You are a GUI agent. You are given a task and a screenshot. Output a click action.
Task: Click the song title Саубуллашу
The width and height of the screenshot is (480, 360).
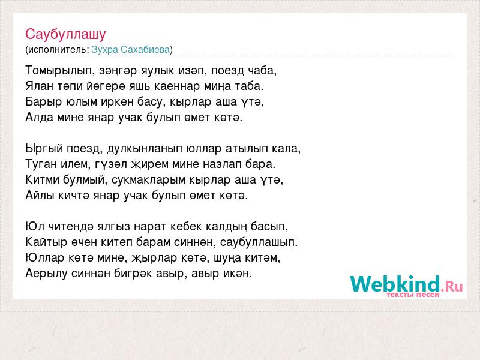click(x=65, y=34)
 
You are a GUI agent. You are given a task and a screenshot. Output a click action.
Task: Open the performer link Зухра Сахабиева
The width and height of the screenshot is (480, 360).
click(x=131, y=50)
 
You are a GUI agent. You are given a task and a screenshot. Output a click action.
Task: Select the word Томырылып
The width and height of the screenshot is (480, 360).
click(x=60, y=71)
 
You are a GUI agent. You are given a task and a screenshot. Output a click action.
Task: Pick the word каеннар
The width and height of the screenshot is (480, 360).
click(x=177, y=86)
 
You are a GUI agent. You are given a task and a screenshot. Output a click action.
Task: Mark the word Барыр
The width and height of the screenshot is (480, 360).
click(x=44, y=102)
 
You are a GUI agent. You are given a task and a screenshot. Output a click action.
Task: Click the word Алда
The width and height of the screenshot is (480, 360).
click(x=40, y=117)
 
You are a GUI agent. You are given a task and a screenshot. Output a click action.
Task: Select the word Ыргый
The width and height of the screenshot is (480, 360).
click(x=44, y=149)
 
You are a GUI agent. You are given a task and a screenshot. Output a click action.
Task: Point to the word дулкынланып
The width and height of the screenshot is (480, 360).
click(x=145, y=149)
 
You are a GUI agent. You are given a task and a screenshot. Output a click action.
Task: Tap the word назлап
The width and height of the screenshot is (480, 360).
click(x=222, y=164)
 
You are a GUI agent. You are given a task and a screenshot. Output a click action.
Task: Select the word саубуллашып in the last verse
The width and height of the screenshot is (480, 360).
click(x=259, y=242)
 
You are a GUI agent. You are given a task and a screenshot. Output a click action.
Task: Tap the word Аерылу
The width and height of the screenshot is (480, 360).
click(x=46, y=274)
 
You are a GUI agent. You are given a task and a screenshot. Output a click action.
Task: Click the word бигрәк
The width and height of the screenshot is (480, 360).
click(x=133, y=274)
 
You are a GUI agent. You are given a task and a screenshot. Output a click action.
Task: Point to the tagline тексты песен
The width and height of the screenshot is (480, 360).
click(x=413, y=295)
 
